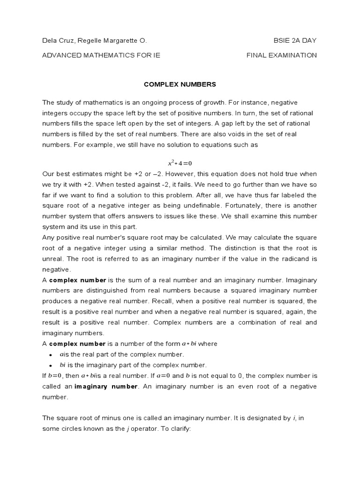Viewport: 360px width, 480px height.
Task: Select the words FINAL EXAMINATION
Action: (282, 55)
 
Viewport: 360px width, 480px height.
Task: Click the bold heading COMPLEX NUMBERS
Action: (180, 84)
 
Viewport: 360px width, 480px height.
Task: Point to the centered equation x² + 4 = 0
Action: (180, 163)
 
